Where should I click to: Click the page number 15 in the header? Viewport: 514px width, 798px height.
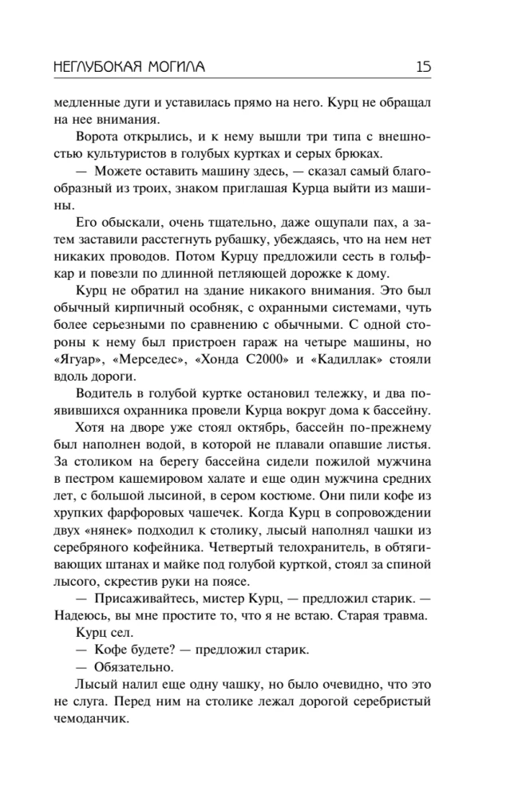[423, 67]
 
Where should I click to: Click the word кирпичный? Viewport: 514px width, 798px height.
[133, 308]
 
